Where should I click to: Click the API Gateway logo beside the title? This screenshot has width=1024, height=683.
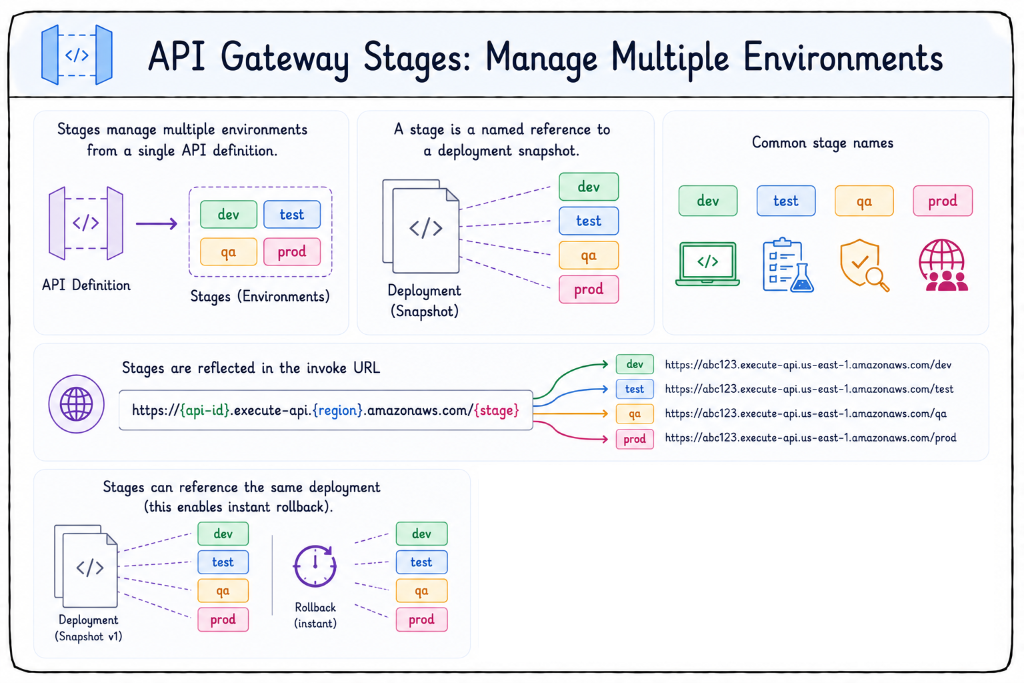pos(77,55)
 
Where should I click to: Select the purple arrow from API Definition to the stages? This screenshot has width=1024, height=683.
pos(157,223)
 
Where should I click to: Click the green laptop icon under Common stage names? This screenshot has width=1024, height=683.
pos(707,264)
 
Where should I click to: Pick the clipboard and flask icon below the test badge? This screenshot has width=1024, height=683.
pos(788,265)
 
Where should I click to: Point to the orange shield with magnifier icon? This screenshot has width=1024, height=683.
pos(863,265)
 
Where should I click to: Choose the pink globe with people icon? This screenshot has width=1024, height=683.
pos(943,265)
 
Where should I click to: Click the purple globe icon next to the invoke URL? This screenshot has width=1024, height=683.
pos(77,404)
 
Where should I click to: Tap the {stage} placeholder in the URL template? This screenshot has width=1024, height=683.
pos(497,410)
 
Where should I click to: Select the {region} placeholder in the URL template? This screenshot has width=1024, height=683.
pos(338,410)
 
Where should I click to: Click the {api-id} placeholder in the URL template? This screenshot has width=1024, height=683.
pos(205,410)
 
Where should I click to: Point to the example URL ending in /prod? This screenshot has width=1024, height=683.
pos(811,438)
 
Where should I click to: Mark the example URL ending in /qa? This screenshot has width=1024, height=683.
pos(805,414)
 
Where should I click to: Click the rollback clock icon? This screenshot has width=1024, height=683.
pos(315,566)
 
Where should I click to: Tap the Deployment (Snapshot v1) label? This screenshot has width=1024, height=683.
pos(88,628)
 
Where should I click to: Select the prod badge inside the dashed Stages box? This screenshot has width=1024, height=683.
pos(292,251)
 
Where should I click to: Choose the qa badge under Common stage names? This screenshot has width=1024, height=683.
pos(864,201)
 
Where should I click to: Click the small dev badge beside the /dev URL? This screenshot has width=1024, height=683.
pos(635,364)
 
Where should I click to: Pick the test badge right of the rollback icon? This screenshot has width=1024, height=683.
pos(421,562)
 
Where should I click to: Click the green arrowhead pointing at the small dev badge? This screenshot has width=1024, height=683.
pos(605,364)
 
